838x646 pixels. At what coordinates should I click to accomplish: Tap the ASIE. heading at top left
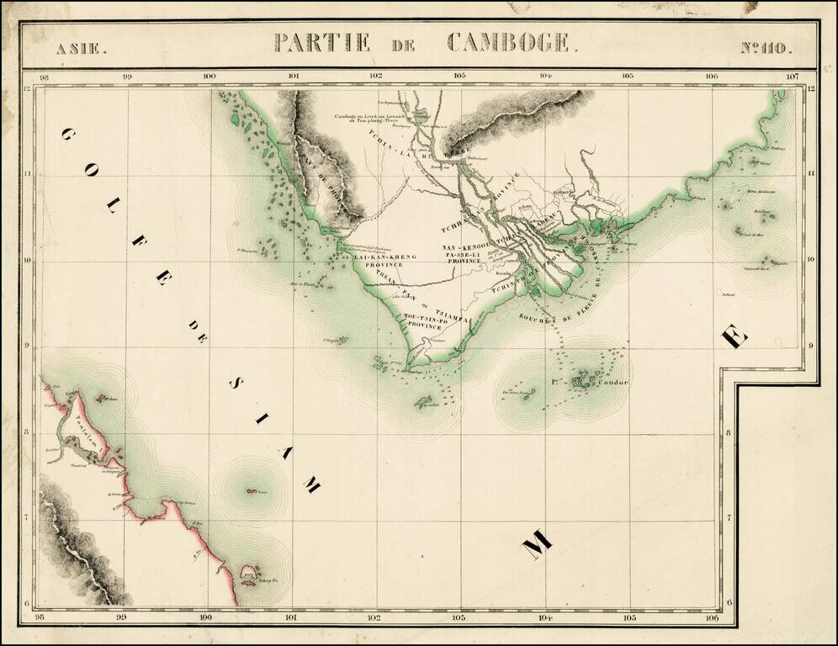[82, 47]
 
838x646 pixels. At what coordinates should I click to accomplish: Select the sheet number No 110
[766, 47]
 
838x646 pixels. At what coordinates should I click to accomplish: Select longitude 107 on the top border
[792, 77]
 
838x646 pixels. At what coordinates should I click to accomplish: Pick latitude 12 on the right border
[811, 89]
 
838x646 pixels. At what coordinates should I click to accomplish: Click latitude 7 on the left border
[28, 519]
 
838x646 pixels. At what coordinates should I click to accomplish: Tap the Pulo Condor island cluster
[583, 381]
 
